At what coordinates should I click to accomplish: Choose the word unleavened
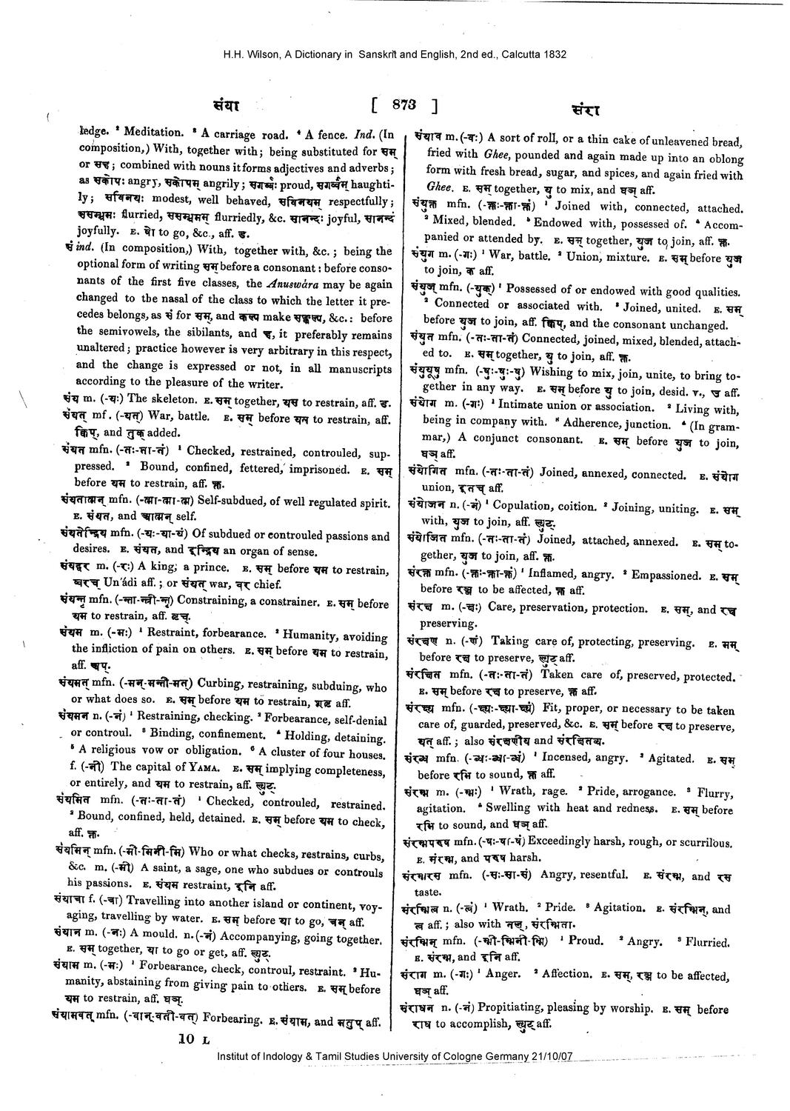tap(685, 141)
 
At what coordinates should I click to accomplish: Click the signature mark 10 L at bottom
tap(193, 1039)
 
